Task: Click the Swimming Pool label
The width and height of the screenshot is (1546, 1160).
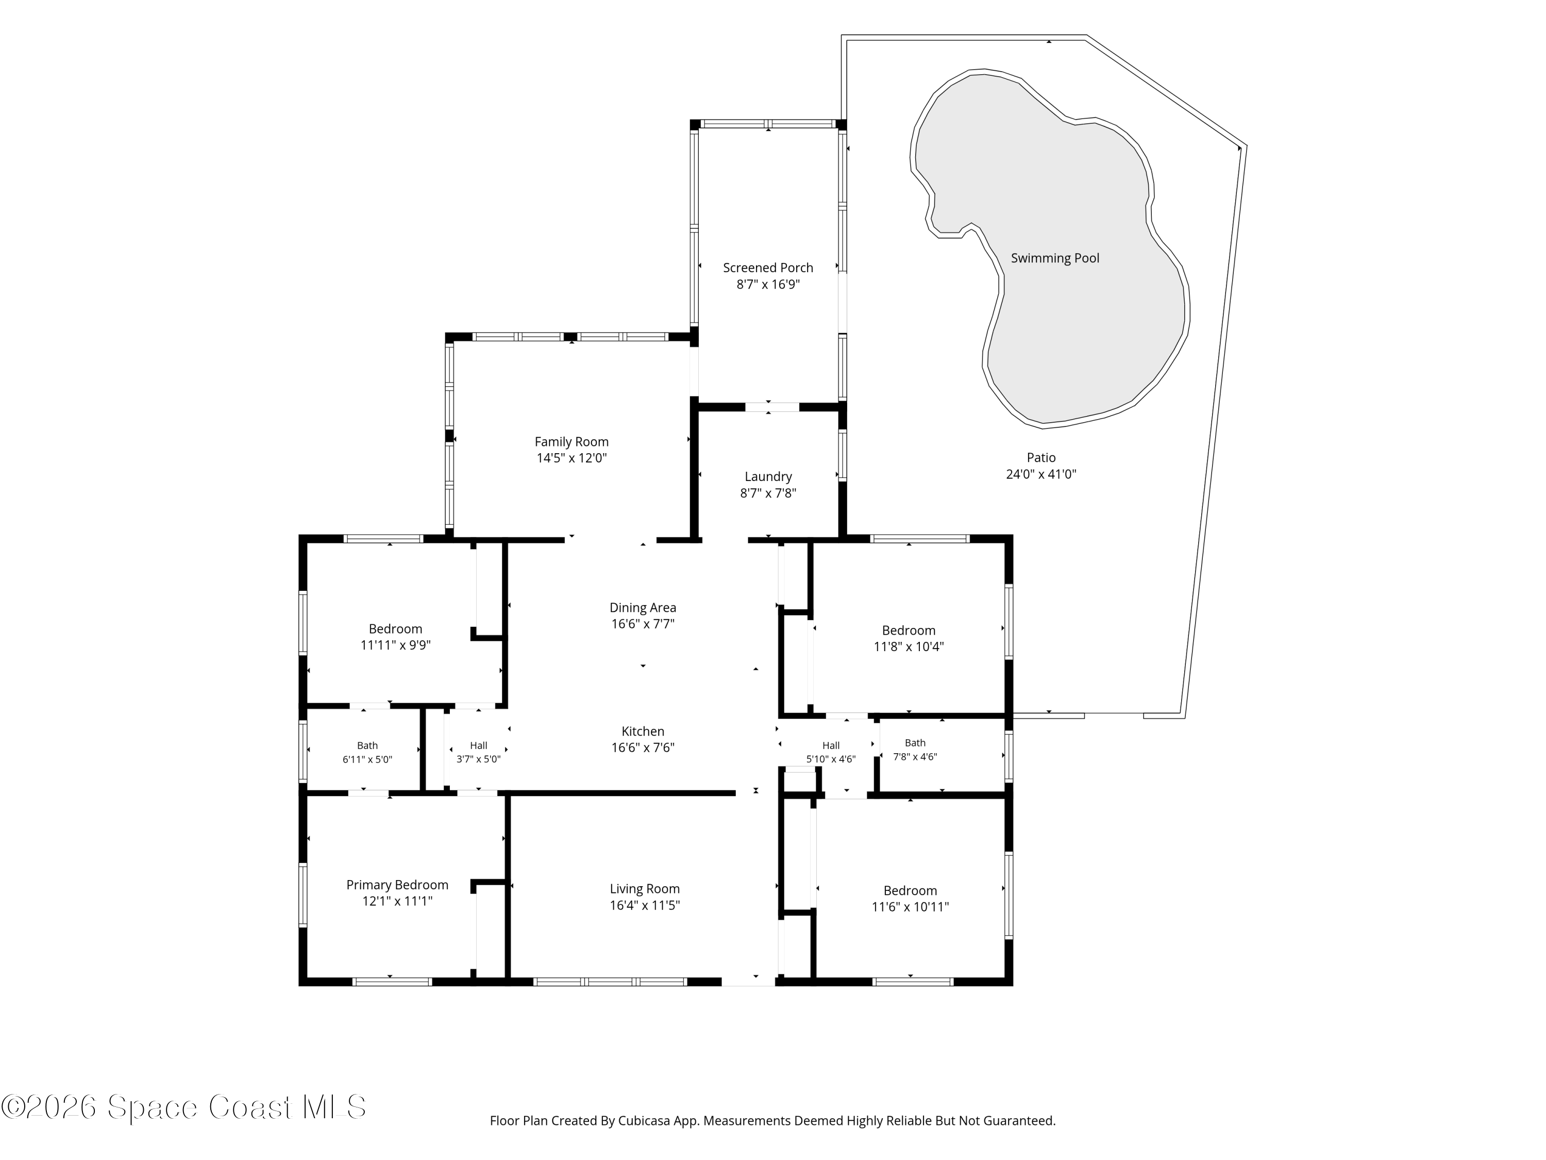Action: click(x=1055, y=258)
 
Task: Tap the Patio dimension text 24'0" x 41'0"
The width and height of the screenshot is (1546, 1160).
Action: click(x=1040, y=474)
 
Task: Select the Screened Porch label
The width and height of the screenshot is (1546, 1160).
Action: click(x=768, y=268)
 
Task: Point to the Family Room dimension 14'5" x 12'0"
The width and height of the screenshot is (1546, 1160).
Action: click(x=572, y=458)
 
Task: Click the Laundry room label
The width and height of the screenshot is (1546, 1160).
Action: click(x=768, y=477)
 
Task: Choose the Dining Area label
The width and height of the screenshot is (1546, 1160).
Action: click(x=643, y=608)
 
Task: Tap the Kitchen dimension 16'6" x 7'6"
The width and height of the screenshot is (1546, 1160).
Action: click(x=643, y=748)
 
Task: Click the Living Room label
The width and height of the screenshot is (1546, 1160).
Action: click(x=644, y=889)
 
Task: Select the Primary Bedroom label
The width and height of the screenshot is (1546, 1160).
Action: click(x=397, y=885)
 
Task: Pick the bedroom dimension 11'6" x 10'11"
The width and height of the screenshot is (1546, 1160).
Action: click(x=910, y=907)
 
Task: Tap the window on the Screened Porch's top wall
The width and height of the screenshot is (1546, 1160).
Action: click(x=768, y=124)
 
